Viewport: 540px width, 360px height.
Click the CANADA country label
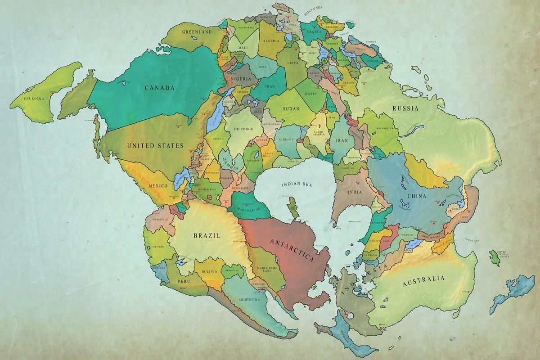click(159, 88)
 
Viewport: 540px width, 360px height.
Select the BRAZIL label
click(206, 235)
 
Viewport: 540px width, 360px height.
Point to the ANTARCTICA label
click(292, 250)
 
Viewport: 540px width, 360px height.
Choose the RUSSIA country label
click(405, 108)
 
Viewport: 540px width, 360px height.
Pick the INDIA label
click(355, 192)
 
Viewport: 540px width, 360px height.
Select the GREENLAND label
click(197, 32)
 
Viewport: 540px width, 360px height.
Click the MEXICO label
click(157, 186)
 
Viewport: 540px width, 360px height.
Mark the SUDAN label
click(291, 108)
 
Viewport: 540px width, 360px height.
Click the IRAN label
click(342, 141)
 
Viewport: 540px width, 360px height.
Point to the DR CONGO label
click(243, 129)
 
